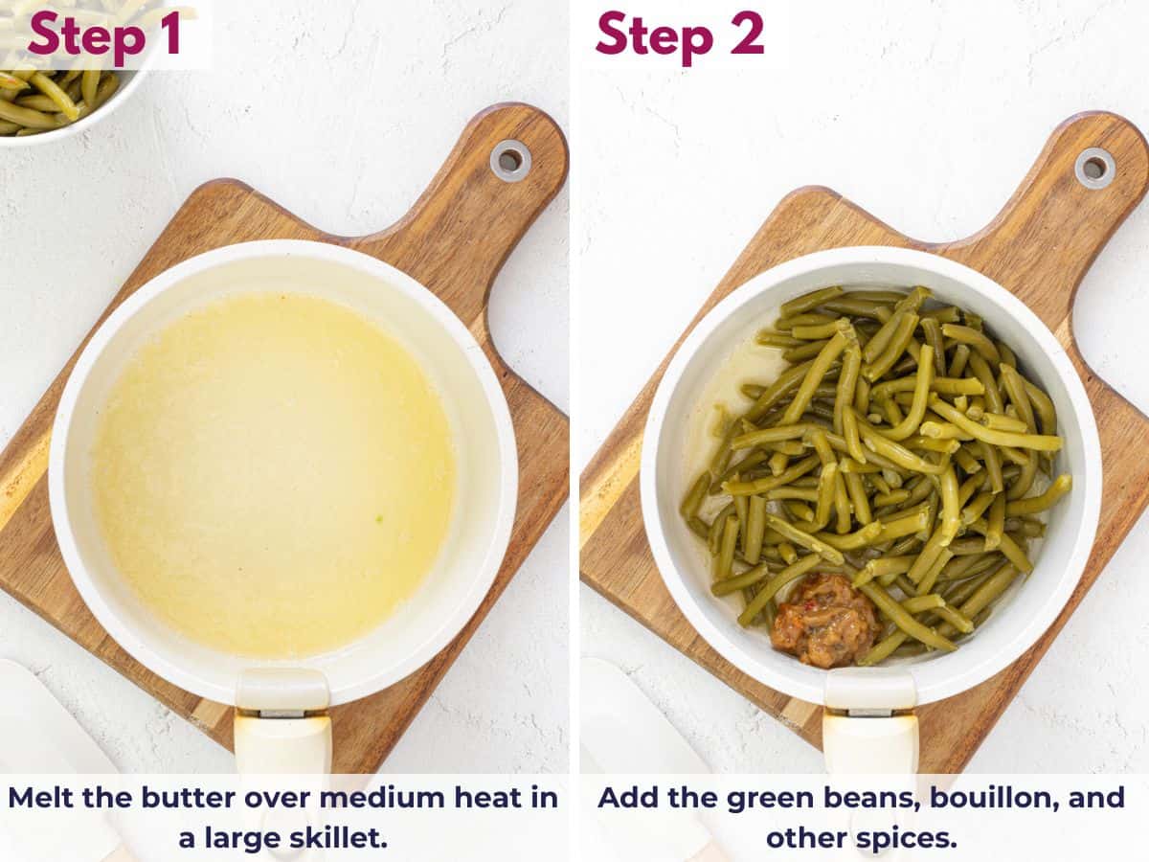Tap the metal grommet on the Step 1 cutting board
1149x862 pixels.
click(x=509, y=160)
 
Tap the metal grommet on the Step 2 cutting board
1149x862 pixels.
click(x=1093, y=168)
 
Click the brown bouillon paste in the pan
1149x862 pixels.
click(x=825, y=621)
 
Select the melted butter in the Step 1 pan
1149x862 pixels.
click(x=274, y=474)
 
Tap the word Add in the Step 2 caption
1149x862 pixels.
click(x=627, y=798)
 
